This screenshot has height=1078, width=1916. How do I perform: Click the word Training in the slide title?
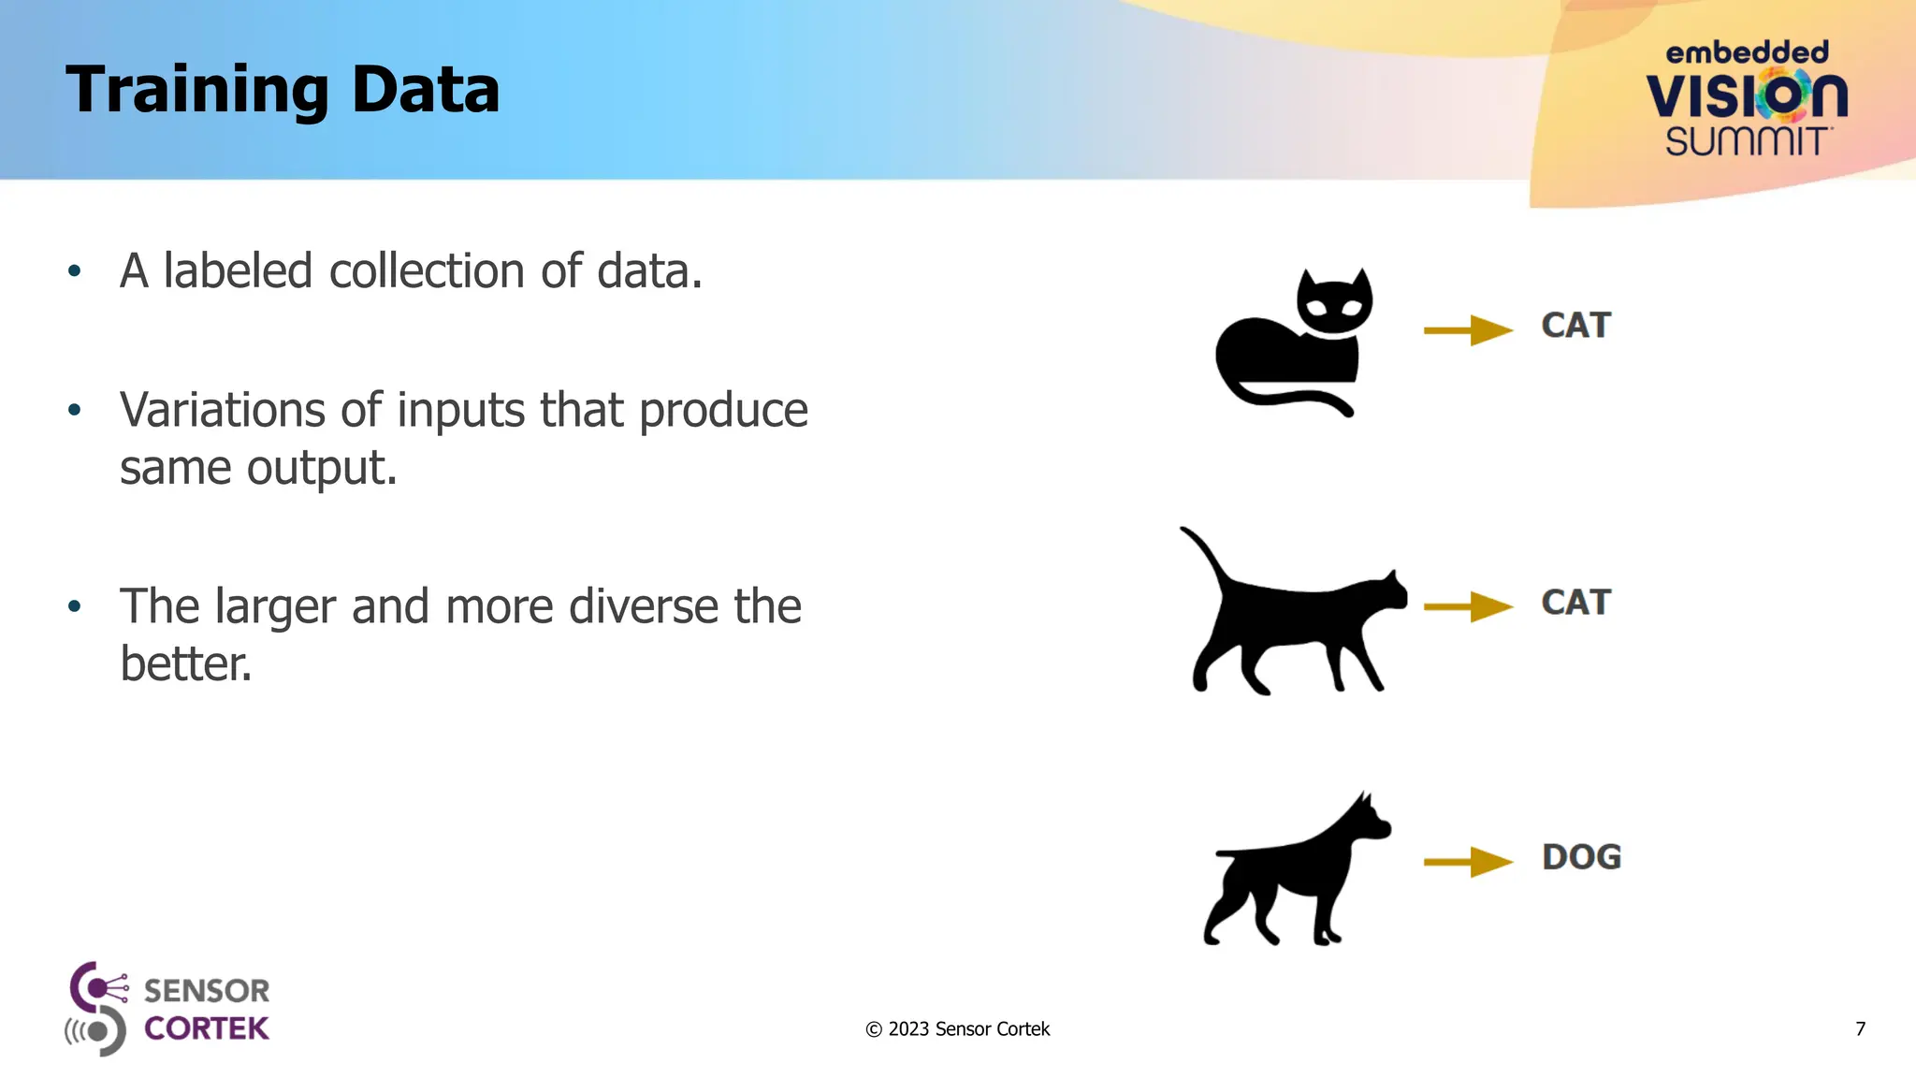pyautogui.click(x=196, y=91)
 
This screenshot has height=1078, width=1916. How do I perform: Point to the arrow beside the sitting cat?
pyautogui.click(x=1467, y=330)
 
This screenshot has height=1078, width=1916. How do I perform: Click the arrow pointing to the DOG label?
pyautogui.click(x=1467, y=862)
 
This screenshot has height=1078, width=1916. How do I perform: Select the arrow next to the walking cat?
pyautogui.click(x=1467, y=606)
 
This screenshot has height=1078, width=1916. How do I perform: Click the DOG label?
pyautogui.click(x=1581, y=857)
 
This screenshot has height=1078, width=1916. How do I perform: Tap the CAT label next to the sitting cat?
pyautogui.click(x=1575, y=326)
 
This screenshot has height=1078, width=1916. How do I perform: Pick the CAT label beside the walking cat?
pyautogui.click(x=1575, y=603)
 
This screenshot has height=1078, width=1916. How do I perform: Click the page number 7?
pyautogui.click(x=1860, y=1029)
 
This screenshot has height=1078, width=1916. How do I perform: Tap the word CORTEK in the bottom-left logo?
pyautogui.click(x=207, y=1028)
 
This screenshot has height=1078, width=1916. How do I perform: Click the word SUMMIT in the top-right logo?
pyautogui.click(x=1747, y=142)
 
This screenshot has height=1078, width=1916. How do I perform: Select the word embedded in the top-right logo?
pyautogui.click(x=1747, y=53)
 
